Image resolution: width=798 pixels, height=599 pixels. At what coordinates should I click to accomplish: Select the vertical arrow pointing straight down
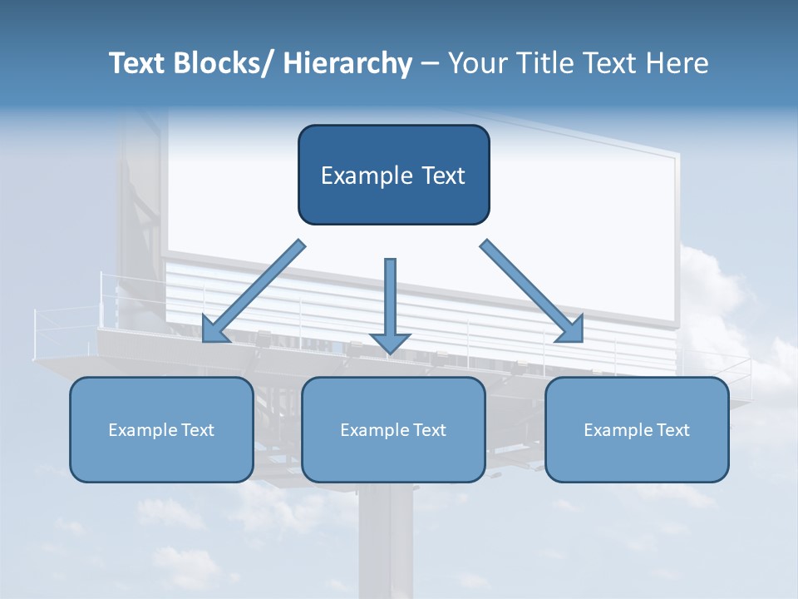[x=391, y=299]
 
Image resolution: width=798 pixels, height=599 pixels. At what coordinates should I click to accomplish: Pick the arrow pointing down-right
[x=527, y=288]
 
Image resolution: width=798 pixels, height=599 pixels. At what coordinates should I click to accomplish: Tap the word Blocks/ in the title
[x=224, y=63]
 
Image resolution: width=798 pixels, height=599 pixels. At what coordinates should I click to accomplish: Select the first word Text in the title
[x=136, y=63]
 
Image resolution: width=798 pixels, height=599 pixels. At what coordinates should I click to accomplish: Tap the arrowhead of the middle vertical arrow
[x=391, y=343]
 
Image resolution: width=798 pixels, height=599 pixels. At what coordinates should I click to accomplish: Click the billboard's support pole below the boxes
[x=386, y=541]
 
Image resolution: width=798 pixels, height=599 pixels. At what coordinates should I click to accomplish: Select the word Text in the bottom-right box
[x=672, y=430]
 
